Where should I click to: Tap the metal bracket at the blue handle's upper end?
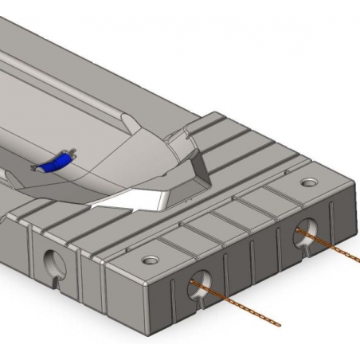pyautogui.click(x=71, y=153)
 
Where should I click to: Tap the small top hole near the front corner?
pyautogui.click(x=148, y=260)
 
